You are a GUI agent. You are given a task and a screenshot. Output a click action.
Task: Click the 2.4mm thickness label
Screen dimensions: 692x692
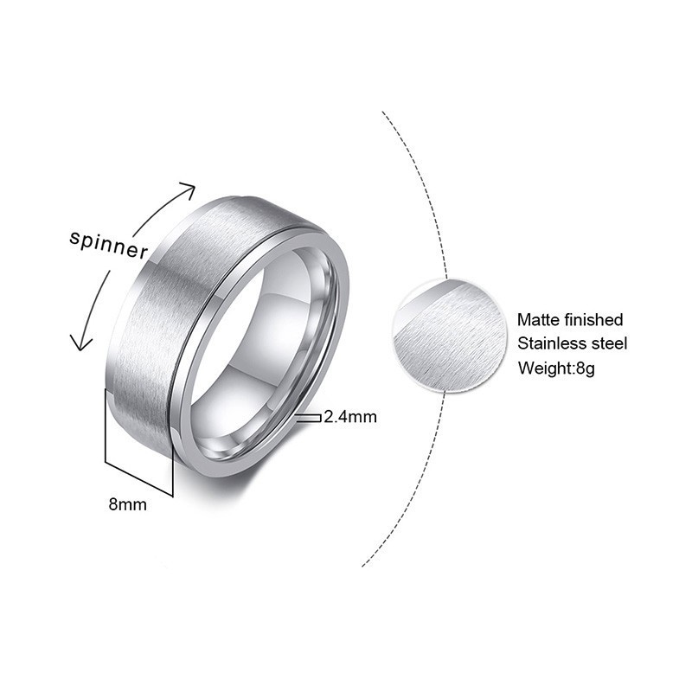[x=350, y=417]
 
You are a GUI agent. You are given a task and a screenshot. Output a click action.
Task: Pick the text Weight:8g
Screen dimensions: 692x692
[x=557, y=368]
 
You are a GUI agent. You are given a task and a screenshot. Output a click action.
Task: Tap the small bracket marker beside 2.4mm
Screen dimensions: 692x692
[x=308, y=417]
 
